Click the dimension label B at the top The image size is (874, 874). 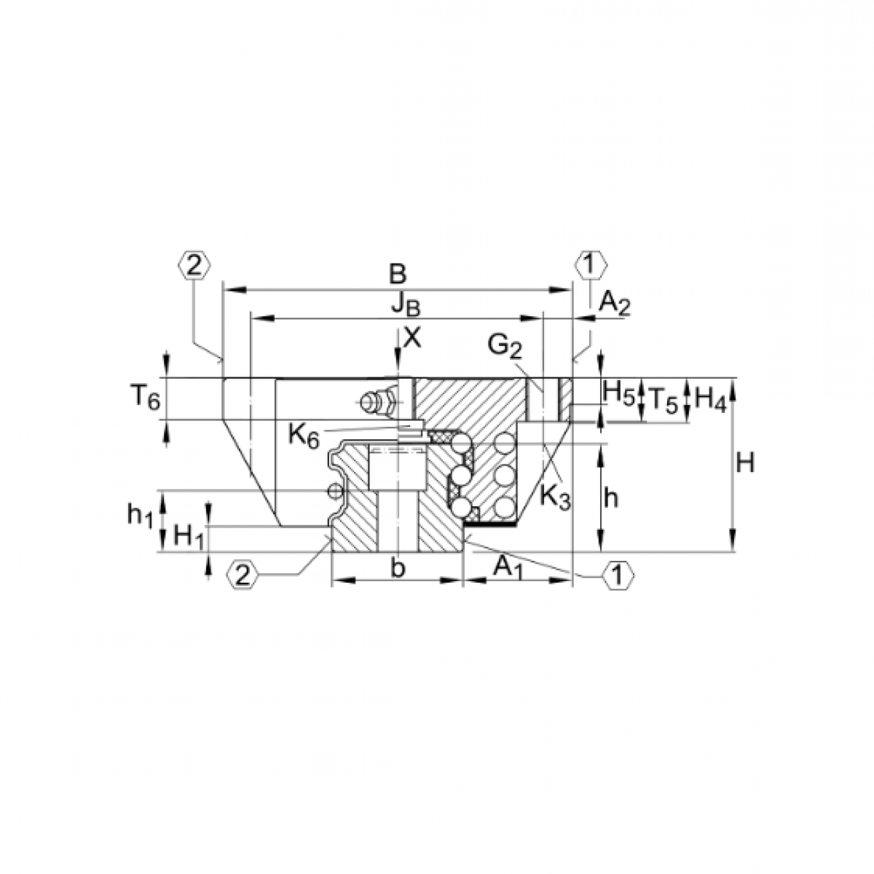[x=397, y=275]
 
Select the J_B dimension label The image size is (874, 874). [x=405, y=305]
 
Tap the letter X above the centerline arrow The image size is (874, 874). [x=412, y=336]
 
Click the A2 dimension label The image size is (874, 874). [x=614, y=302]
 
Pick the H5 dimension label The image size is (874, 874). [x=618, y=393]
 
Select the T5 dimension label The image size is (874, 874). [x=664, y=399]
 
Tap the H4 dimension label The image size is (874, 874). [x=710, y=399]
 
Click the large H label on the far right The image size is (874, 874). [x=744, y=462]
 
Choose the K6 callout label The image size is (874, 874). [x=303, y=435]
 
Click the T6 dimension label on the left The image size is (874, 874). [x=144, y=398]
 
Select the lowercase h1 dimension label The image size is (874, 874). [x=140, y=515]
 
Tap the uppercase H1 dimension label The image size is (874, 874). [x=189, y=538]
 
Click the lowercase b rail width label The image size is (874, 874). [x=397, y=567]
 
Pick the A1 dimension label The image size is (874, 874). [x=508, y=567]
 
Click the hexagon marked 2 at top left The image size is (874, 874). [x=194, y=265]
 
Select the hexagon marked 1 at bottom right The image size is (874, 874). [x=618, y=575]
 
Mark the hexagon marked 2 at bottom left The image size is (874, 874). [x=243, y=575]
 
